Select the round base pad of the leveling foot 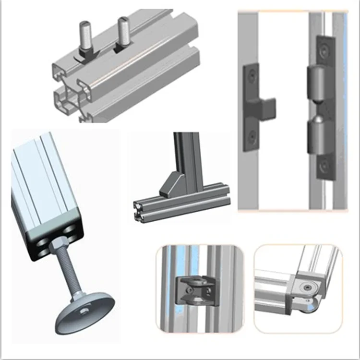[x=85, y=312]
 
